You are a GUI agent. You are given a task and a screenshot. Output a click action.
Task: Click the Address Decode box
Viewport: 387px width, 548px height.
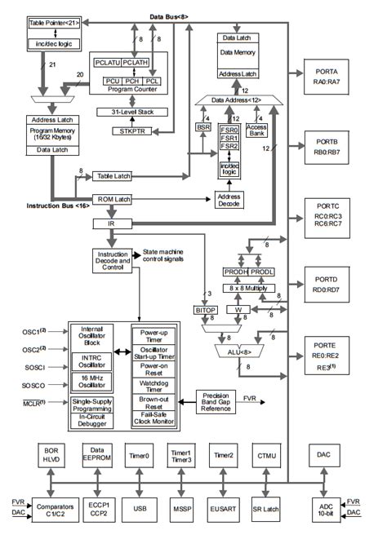[230, 199]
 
